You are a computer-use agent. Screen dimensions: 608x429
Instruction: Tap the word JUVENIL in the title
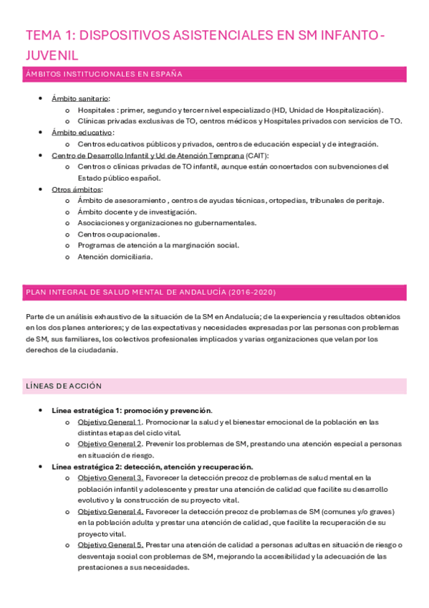pyautogui.click(x=52, y=55)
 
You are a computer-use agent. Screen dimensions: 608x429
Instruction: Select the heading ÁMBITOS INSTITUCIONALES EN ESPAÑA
pyautogui.click(x=104, y=74)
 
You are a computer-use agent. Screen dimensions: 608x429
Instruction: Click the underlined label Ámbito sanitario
pyautogui.click(x=80, y=98)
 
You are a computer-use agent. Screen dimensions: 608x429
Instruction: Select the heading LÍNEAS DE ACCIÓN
pyautogui.click(x=63, y=386)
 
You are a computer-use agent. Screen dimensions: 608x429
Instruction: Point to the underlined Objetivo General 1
pyautogui.click(x=110, y=422)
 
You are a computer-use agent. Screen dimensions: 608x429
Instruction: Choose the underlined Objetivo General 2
pyautogui.click(x=110, y=444)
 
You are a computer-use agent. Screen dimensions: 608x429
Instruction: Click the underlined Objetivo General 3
pyautogui.click(x=110, y=478)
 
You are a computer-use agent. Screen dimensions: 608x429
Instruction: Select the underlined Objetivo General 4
pyautogui.click(x=110, y=511)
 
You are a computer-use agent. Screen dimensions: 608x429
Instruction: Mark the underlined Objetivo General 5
pyautogui.click(x=110, y=545)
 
